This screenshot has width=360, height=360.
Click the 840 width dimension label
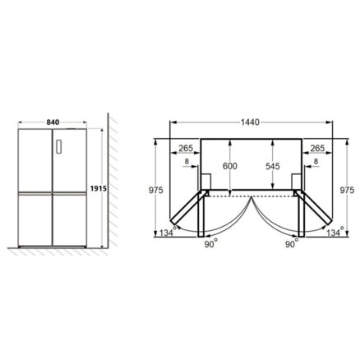click(53, 122)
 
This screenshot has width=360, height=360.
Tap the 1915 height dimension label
click(98, 188)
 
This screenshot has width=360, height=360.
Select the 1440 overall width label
click(250, 122)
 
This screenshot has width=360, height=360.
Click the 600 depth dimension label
click(229, 166)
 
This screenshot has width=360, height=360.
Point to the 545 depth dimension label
click(273, 166)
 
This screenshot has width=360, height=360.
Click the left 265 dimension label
click(186, 148)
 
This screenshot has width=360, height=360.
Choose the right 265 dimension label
click(317, 148)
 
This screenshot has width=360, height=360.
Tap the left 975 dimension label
click(156, 190)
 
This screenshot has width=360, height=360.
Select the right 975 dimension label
click(347, 190)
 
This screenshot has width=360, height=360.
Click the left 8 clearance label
click(187, 161)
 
